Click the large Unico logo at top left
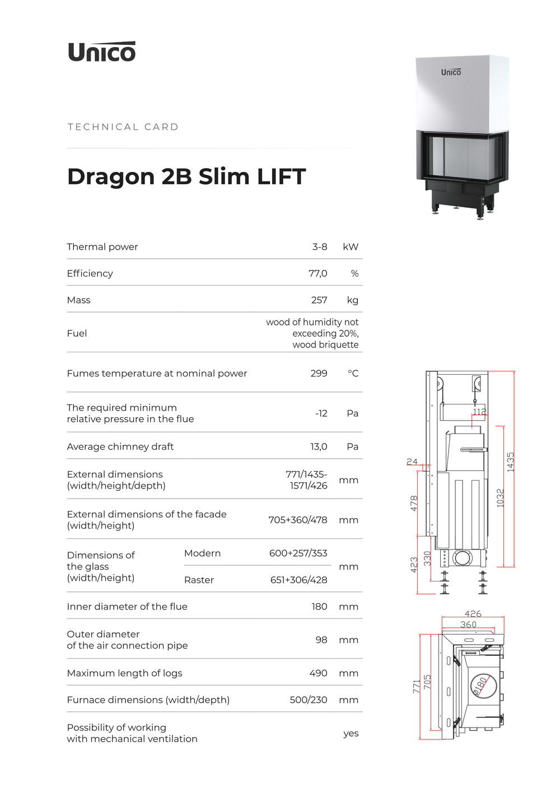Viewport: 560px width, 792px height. pyautogui.click(x=101, y=52)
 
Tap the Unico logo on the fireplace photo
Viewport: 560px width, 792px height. pyautogui.click(x=451, y=72)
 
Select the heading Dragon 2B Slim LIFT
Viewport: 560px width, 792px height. pyautogui.click(x=186, y=176)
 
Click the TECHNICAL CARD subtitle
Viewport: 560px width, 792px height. pyautogui.click(x=123, y=127)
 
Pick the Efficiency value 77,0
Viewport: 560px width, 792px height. pyautogui.click(x=318, y=273)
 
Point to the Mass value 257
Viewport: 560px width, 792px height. pyautogui.click(x=319, y=300)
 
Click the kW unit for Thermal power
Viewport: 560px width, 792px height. pyautogui.click(x=351, y=247)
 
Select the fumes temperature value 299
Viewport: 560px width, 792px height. pyautogui.click(x=319, y=374)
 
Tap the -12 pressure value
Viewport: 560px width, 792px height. pyautogui.click(x=321, y=413)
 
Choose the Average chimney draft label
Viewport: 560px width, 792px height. pyautogui.click(x=120, y=446)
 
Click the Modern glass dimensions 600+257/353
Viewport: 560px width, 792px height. pyautogui.click(x=298, y=553)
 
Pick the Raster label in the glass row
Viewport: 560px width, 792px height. pyautogui.click(x=199, y=580)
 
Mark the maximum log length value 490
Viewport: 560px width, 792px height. pyautogui.click(x=318, y=673)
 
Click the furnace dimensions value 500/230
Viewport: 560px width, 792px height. pyautogui.click(x=309, y=700)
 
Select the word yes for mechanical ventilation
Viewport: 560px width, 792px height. pyautogui.click(x=351, y=734)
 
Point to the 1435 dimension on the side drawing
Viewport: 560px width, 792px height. pyautogui.click(x=510, y=462)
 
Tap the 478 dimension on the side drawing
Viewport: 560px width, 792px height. pyautogui.click(x=414, y=503)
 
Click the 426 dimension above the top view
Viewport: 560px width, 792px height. pyautogui.click(x=473, y=613)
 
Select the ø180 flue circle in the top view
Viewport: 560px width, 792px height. pyautogui.click(x=483, y=686)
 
